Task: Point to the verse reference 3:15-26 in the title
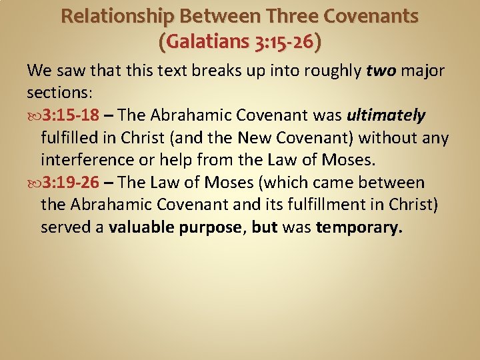pos(285,42)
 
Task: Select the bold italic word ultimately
pos(386,115)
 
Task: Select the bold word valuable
pos(140,227)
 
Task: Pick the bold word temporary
pos(359,227)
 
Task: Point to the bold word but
pos(265,227)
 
